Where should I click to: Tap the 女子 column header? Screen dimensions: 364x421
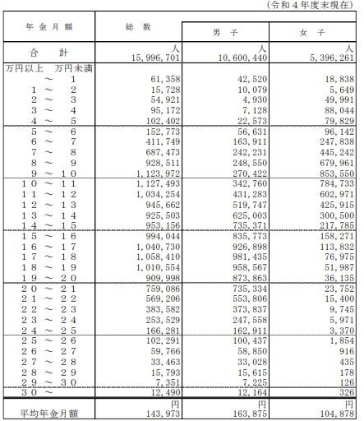[x=317, y=32]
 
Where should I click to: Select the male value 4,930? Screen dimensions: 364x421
[x=250, y=97]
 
